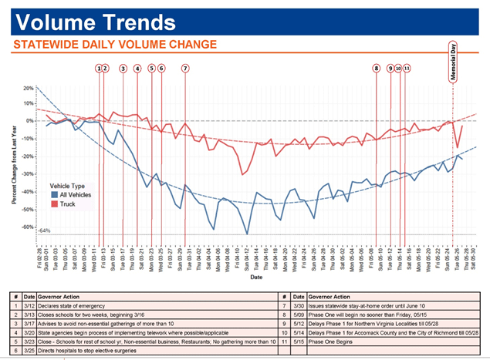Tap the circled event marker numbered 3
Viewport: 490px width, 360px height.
tap(123, 69)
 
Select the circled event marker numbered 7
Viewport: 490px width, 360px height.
tap(185, 69)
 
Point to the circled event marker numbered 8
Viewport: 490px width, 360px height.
tap(377, 69)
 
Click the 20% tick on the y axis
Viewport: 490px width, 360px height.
tap(29, 88)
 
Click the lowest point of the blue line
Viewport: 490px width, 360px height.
tap(247, 234)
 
